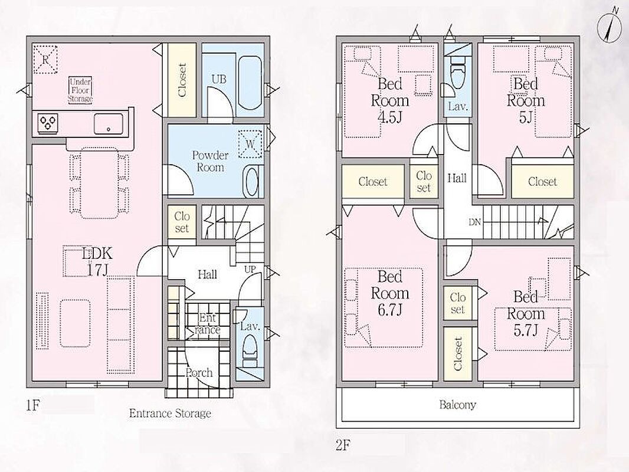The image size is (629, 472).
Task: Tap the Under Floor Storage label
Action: point(80,90)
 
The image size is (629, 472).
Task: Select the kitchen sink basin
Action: point(109,123)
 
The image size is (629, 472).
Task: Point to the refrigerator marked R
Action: point(45,60)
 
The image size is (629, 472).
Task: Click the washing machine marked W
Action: point(251,144)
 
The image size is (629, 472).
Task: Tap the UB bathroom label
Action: point(219,79)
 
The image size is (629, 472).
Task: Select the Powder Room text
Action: point(210,161)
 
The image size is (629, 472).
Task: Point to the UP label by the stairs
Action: point(250,269)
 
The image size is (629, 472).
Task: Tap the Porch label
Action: point(199,372)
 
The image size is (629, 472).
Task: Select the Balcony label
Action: point(457,404)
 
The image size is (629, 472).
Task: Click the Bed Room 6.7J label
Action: point(389,293)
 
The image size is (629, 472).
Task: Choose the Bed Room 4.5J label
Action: point(389,100)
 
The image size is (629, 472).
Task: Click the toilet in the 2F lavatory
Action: point(457,75)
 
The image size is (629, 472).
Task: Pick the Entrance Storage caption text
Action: point(170,414)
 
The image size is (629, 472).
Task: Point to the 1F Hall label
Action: point(207,274)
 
